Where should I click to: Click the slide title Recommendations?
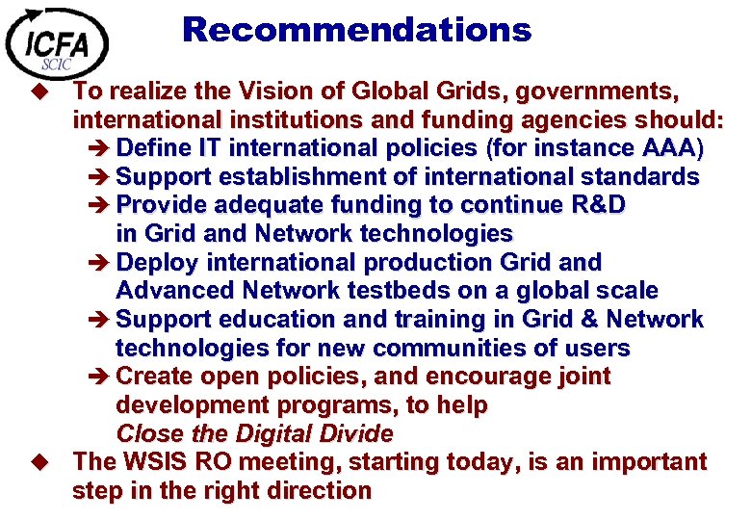356,30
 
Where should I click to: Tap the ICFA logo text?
57,44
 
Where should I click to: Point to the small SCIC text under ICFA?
56,65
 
